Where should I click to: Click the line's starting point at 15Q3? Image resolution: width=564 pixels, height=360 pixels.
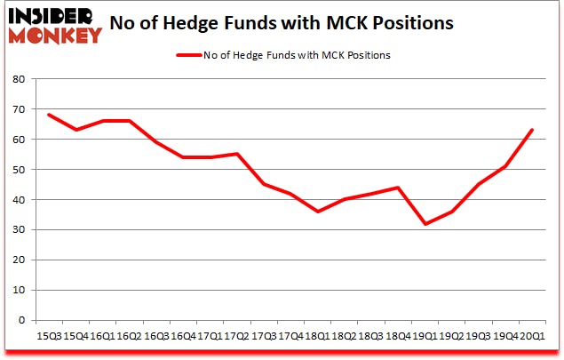coord(50,115)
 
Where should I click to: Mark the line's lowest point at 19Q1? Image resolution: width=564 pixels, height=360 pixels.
coord(424,223)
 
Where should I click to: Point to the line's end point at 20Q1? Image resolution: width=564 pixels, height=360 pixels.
coord(531,130)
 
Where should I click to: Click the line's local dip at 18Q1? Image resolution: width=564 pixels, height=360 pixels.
coord(317,212)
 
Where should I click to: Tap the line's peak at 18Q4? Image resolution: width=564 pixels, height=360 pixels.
coord(397,188)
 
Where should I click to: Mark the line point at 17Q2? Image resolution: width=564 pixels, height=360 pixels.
coord(236,154)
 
